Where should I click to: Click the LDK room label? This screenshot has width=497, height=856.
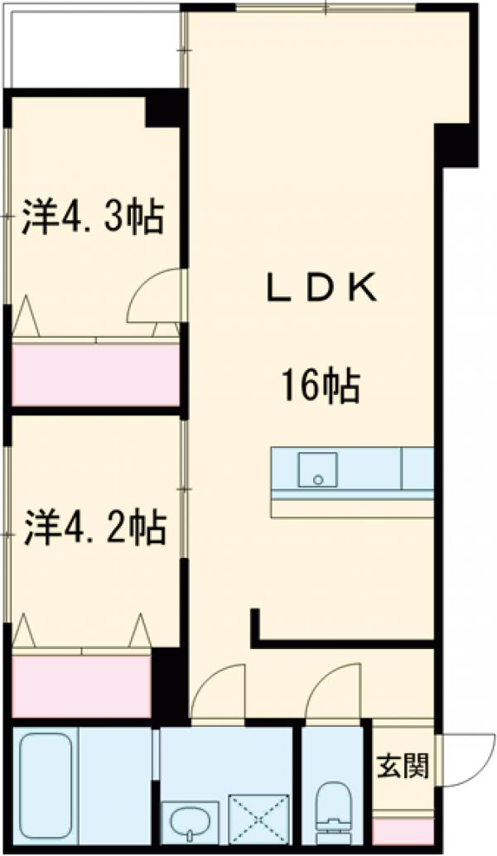(x=321, y=289)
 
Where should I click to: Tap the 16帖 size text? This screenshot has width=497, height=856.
(x=320, y=386)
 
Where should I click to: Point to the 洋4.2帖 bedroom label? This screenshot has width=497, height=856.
(x=94, y=527)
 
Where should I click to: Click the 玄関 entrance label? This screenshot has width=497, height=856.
(x=403, y=767)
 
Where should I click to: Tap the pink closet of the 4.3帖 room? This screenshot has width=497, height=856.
(x=96, y=374)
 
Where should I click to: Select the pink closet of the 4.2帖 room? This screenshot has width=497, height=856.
(x=81, y=686)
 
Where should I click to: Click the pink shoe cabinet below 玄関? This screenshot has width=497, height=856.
(x=403, y=830)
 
